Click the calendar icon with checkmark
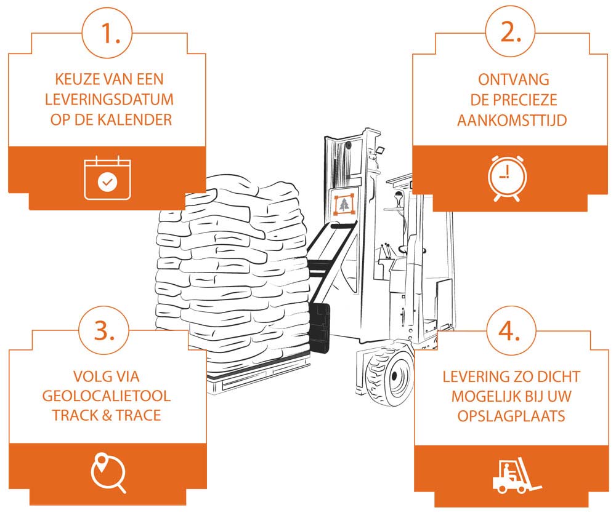coord(107,179)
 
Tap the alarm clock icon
coord(507,178)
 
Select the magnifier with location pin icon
coord(108,472)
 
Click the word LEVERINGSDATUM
coord(107,99)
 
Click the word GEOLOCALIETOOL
coord(107,395)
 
